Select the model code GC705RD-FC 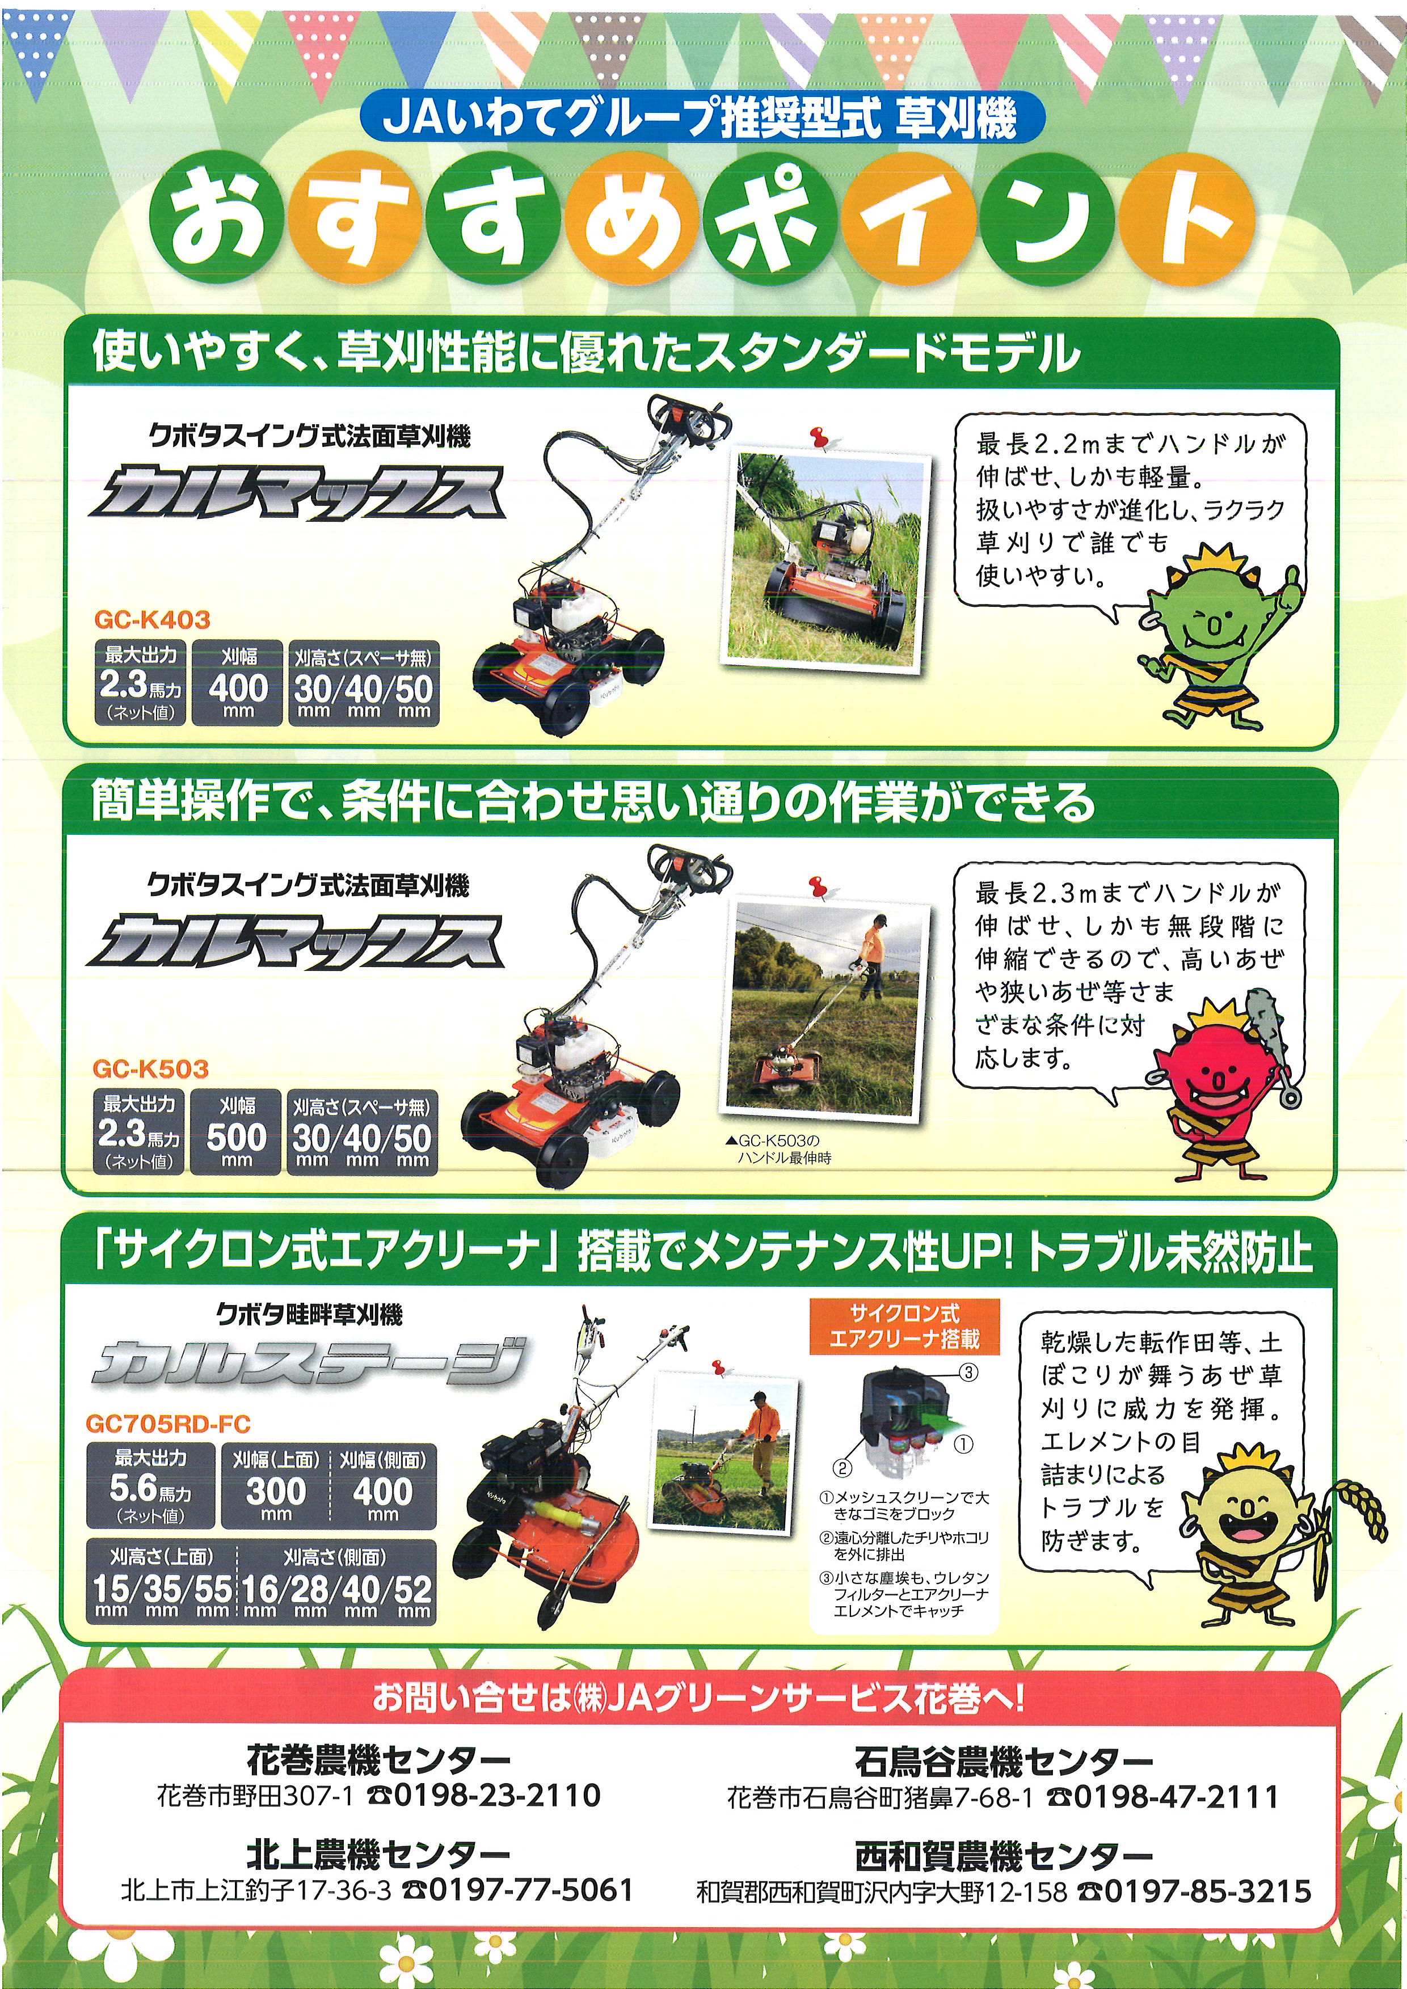pos(168,1424)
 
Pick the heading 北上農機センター pos(378,1854)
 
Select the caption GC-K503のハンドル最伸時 pos(781,1150)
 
